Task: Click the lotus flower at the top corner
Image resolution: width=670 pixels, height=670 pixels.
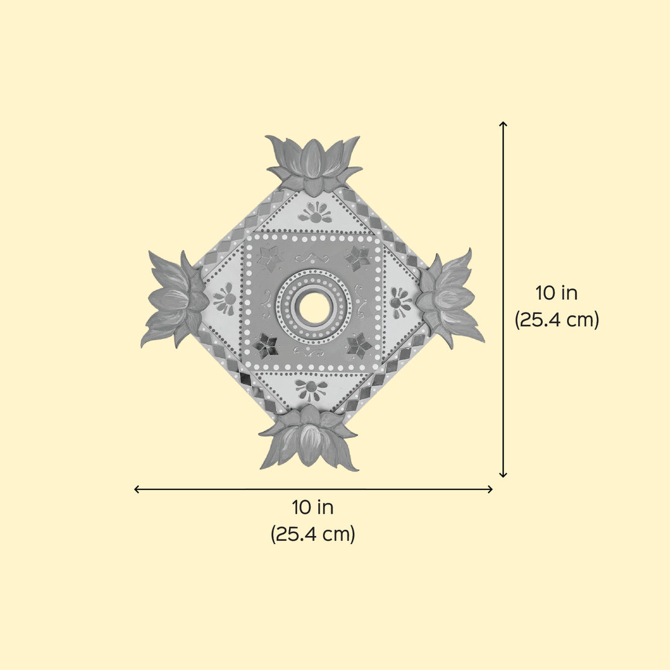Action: point(314,164)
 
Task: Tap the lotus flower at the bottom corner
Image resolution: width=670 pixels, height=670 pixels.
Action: point(309,439)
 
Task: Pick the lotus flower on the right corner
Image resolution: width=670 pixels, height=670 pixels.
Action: point(449,298)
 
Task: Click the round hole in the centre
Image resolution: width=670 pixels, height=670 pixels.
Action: point(314,308)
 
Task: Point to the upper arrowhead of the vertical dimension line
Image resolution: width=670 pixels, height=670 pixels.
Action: point(503,124)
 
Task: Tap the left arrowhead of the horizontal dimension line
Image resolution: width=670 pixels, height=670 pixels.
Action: point(137,489)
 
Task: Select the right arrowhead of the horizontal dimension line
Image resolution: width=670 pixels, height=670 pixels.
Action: point(490,489)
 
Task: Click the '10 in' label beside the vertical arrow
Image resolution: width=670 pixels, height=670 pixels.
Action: point(556,293)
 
